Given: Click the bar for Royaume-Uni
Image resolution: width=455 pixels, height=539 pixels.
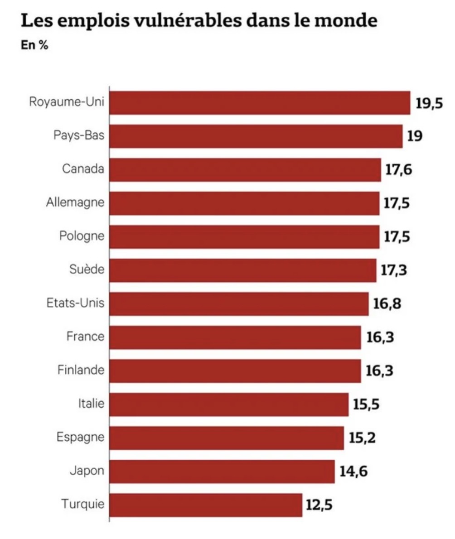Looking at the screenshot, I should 260,102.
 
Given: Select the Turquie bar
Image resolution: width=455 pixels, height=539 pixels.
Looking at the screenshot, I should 206,505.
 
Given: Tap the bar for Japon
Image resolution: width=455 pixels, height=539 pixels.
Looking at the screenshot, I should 222,471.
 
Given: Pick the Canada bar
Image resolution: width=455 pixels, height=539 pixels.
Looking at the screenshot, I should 245,169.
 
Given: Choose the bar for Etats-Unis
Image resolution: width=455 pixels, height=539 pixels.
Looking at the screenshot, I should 239,303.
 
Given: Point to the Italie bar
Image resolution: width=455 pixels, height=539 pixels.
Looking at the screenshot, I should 229,404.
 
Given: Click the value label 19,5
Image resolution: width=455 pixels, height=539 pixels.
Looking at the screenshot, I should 429,103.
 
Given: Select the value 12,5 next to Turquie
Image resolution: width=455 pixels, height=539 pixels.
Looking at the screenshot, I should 319,505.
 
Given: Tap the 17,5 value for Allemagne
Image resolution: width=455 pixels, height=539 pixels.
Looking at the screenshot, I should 397,203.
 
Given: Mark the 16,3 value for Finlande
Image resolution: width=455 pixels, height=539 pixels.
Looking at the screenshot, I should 380,371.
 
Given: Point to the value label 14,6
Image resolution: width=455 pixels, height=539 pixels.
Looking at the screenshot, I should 353,472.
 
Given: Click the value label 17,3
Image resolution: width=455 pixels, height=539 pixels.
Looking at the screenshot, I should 393,270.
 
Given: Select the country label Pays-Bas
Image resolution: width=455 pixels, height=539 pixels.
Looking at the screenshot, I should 79,135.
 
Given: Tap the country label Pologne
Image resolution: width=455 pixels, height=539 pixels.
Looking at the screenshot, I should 82,236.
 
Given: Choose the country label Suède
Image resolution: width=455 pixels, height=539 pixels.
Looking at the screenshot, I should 87,269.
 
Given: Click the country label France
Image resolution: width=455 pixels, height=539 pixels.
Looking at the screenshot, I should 85,337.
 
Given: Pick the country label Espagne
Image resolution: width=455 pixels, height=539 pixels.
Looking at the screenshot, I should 80,438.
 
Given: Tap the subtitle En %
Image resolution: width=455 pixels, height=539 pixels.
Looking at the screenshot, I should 35,45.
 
